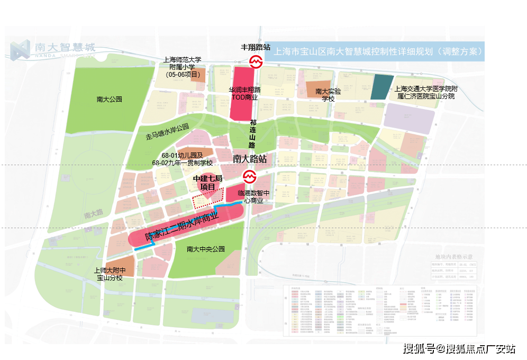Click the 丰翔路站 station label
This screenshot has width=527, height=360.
[256, 47]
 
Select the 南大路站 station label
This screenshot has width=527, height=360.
[249, 159]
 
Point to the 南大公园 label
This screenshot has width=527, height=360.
[110, 99]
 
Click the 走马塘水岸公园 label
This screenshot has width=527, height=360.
[167, 128]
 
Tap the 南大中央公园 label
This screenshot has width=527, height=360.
[206, 249]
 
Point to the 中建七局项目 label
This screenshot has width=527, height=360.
[207, 183]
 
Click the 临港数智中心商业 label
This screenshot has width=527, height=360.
[254, 197]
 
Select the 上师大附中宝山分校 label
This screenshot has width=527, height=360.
[109, 274]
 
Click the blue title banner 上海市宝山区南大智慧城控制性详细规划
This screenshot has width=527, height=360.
[377, 52]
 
